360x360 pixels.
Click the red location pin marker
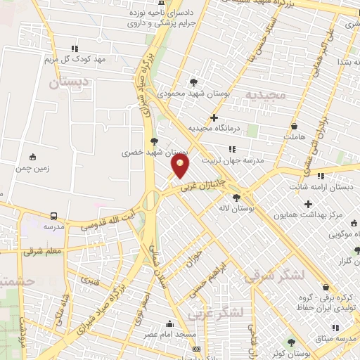coord(180,166)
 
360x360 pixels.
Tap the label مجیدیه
coord(265,94)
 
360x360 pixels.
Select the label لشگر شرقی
coord(276,276)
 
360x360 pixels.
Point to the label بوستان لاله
coord(252,208)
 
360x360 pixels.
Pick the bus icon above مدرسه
coord(53,215)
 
